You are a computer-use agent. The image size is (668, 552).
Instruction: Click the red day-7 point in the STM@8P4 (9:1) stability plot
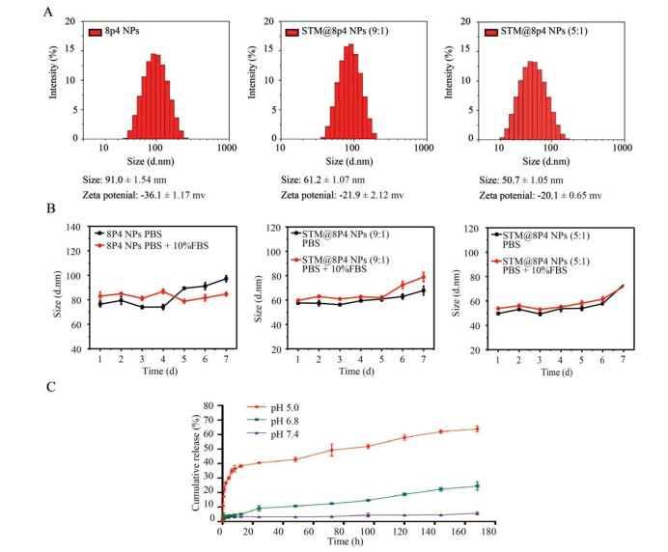(x=422, y=277)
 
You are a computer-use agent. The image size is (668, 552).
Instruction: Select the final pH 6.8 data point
(x=476, y=485)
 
